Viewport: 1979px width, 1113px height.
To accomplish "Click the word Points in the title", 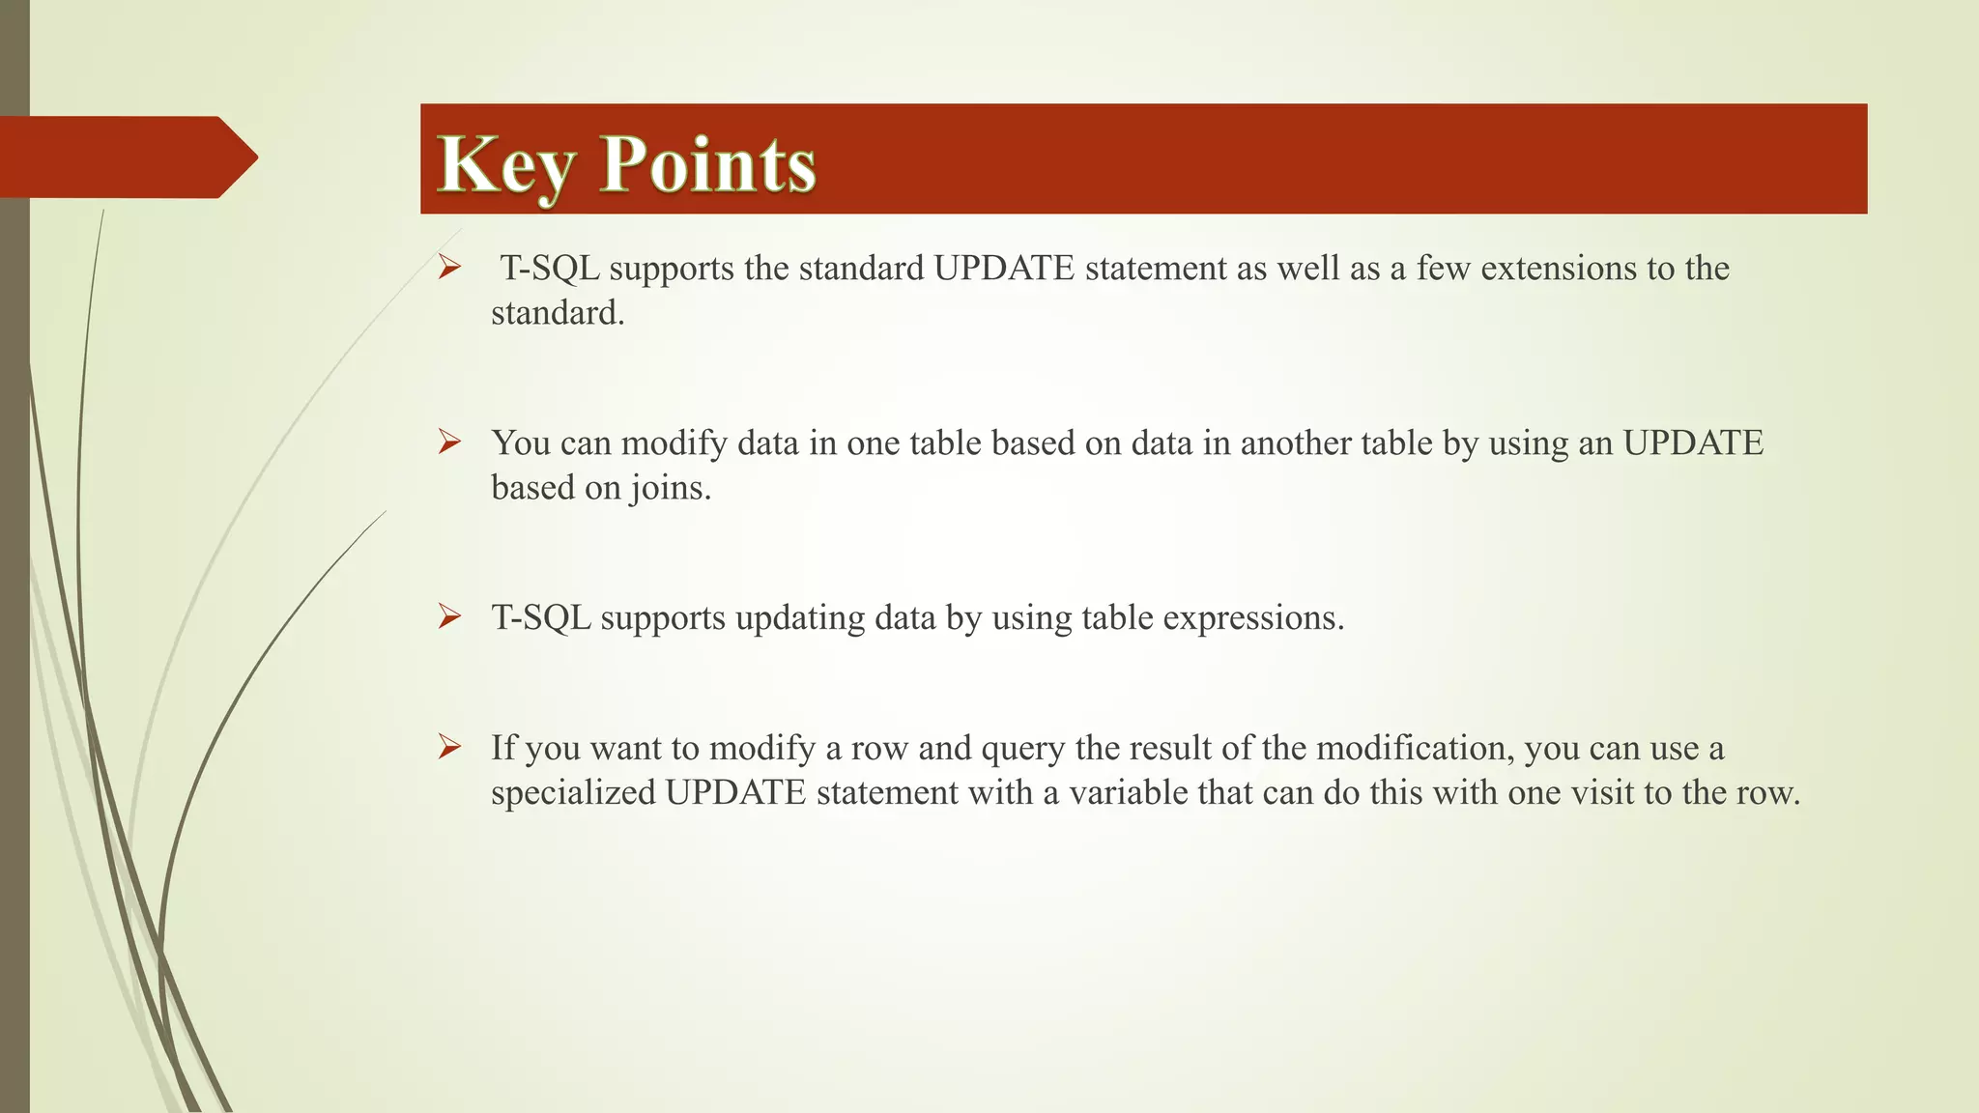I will pyautogui.click(x=708, y=165).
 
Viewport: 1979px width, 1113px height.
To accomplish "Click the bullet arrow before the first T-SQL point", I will pyautogui.click(x=449, y=268).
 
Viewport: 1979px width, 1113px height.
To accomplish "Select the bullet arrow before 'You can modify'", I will pyautogui.click(x=449, y=442).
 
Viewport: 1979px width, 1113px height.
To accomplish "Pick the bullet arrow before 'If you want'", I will pyautogui.click(x=449, y=747).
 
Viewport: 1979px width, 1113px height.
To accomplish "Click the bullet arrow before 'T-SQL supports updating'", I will pyautogui.click(x=449, y=616).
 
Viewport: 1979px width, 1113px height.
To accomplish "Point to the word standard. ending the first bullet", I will pyautogui.click(x=558, y=313).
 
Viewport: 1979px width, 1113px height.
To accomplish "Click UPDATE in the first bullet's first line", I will pyautogui.click(x=1004, y=269).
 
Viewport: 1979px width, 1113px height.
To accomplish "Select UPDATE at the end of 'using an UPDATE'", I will pyautogui.click(x=1693, y=443).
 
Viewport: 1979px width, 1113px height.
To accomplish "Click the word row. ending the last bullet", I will pyautogui.click(x=1768, y=793).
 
